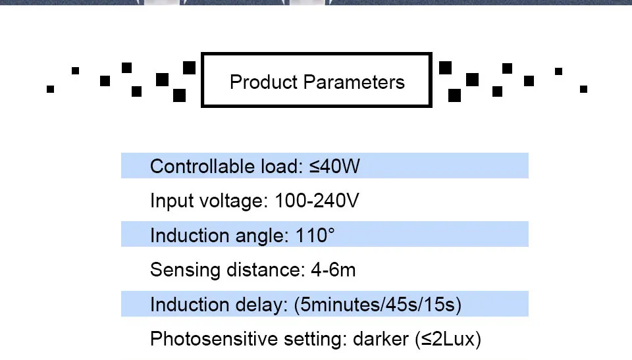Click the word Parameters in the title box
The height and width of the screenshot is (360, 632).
354,82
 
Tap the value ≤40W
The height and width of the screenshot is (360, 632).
335,167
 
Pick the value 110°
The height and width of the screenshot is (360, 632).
315,235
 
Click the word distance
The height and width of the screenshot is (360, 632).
263,270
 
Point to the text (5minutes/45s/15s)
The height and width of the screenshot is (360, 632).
378,305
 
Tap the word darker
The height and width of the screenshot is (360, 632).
381,340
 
